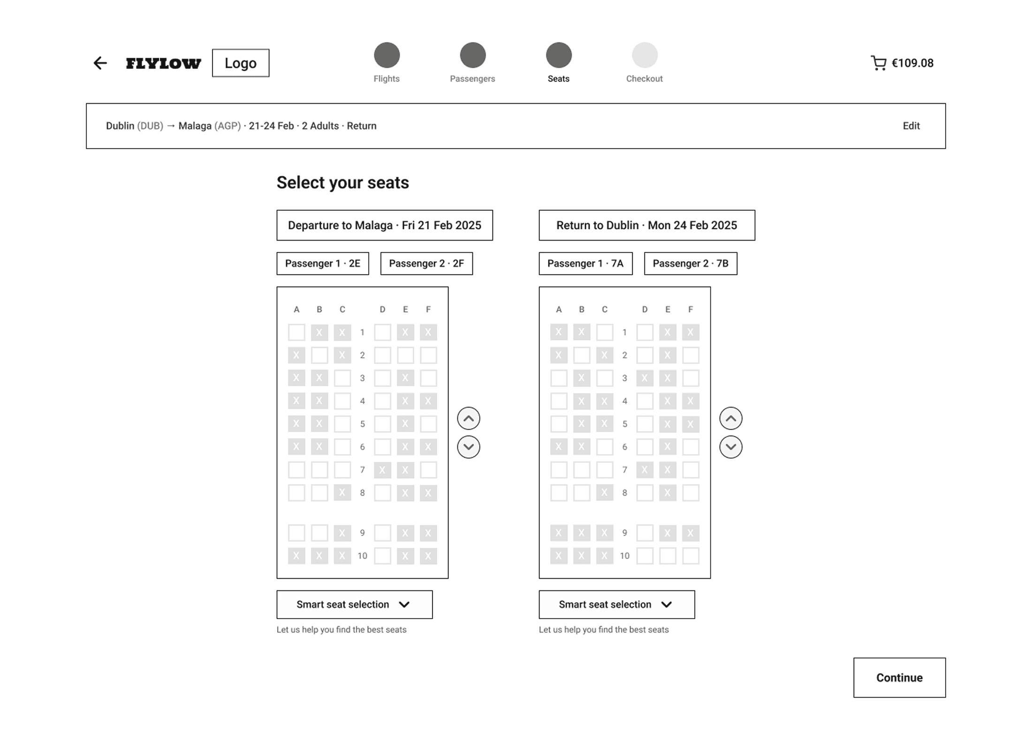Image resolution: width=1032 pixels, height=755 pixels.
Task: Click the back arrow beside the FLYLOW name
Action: [100, 63]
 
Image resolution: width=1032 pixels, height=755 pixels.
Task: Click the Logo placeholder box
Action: [241, 63]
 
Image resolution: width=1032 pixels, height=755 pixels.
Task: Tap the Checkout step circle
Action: [645, 55]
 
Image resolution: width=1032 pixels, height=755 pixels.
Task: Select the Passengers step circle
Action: [472, 55]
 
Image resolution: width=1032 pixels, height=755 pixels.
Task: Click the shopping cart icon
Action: [879, 63]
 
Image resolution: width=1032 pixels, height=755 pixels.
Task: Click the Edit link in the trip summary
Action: [911, 126]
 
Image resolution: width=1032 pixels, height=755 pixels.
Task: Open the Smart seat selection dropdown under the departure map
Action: [355, 604]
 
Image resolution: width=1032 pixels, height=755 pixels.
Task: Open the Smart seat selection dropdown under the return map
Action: [617, 604]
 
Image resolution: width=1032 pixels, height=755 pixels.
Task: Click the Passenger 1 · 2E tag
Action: [323, 264]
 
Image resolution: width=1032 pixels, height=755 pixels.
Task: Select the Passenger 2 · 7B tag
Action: [691, 264]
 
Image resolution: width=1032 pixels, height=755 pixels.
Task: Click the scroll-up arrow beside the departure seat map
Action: [469, 418]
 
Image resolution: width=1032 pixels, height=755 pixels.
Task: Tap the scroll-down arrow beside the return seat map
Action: [731, 447]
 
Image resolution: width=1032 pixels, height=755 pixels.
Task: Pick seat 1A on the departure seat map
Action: [296, 332]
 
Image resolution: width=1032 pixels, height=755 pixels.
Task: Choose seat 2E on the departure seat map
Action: [405, 355]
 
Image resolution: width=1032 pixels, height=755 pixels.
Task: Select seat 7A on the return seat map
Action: [559, 470]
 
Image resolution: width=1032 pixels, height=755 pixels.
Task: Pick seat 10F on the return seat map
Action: [691, 556]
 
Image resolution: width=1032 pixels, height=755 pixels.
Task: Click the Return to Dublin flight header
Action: [647, 225]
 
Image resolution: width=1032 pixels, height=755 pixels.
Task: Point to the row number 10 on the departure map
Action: [362, 556]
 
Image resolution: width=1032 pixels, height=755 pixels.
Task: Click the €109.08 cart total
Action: [912, 63]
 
